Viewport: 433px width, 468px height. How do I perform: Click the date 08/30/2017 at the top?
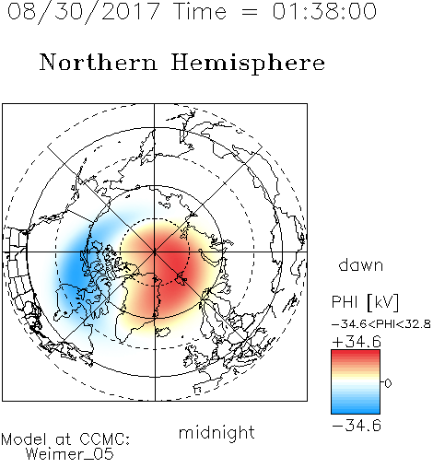[x=84, y=11]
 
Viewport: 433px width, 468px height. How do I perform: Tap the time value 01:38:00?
[x=324, y=11]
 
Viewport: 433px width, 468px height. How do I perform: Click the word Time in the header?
[x=200, y=11]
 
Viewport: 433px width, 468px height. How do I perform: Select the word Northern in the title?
[x=99, y=62]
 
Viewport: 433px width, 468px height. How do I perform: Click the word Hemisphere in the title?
[x=248, y=64]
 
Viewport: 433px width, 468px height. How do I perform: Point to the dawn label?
[x=361, y=264]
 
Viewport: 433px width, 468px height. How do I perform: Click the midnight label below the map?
[x=216, y=433]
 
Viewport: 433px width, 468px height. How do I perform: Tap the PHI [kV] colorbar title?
[x=366, y=302]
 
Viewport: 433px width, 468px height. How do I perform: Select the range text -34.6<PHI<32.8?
[x=381, y=324]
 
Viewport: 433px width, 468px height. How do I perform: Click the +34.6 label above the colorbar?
[x=357, y=342]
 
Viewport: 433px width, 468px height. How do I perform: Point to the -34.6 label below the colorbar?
[x=357, y=426]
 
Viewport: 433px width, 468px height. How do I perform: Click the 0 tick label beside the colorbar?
[x=388, y=383]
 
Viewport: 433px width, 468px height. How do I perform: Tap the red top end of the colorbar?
[x=356, y=353]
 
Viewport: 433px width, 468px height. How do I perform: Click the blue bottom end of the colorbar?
[x=356, y=410]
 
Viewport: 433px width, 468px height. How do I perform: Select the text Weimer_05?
[x=70, y=454]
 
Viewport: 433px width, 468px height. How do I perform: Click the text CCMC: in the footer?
[x=104, y=439]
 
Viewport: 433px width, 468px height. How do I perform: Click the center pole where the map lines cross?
[x=155, y=252]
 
